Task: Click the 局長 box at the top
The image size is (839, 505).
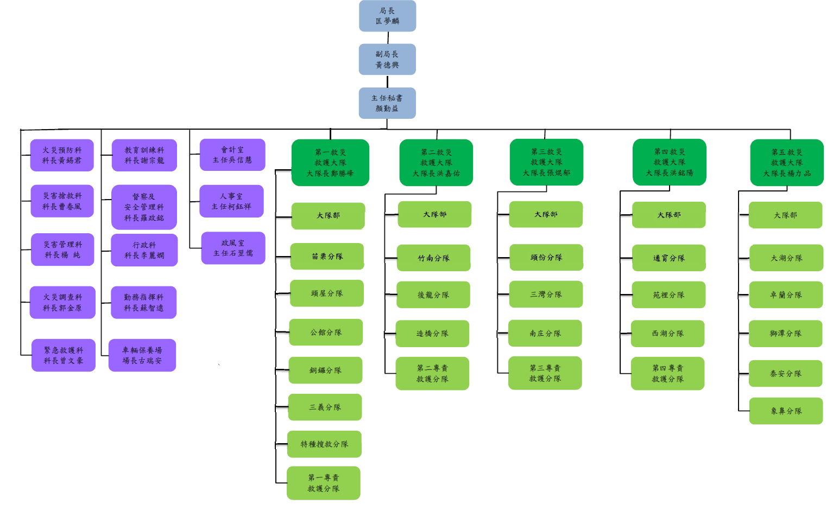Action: (x=387, y=16)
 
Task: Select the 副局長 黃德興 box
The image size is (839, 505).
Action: (x=387, y=59)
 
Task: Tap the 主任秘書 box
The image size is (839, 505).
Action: (x=387, y=103)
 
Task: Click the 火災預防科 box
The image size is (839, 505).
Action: (x=62, y=155)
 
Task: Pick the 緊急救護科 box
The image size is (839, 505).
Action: (x=63, y=355)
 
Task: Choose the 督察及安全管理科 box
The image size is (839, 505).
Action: (x=144, y=207)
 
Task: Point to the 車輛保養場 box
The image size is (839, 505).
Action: (x=142, y=355)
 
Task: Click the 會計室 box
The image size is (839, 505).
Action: (x=232, y=155)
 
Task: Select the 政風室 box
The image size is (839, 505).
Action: (x=233, y=248)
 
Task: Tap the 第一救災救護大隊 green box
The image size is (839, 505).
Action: (x=330, y=163)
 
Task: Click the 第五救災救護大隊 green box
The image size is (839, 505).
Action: (x=787, y=163)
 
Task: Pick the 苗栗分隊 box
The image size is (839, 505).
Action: (x=327, y=256)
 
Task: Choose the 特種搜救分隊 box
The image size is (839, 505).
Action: (x=324, y=444)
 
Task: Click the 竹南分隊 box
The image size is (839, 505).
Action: (x=433, y=258)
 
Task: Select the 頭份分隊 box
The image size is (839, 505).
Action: (x=546, y=257)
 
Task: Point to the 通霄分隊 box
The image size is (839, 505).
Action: (x=668, y=258)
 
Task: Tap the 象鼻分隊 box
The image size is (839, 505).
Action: (x=786, y=411)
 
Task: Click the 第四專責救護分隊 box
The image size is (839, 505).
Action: (x=667, y=373)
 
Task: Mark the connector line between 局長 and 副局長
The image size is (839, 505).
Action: (x=388, y=38)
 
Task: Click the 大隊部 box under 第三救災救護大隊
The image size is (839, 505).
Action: (x=546, y=214)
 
